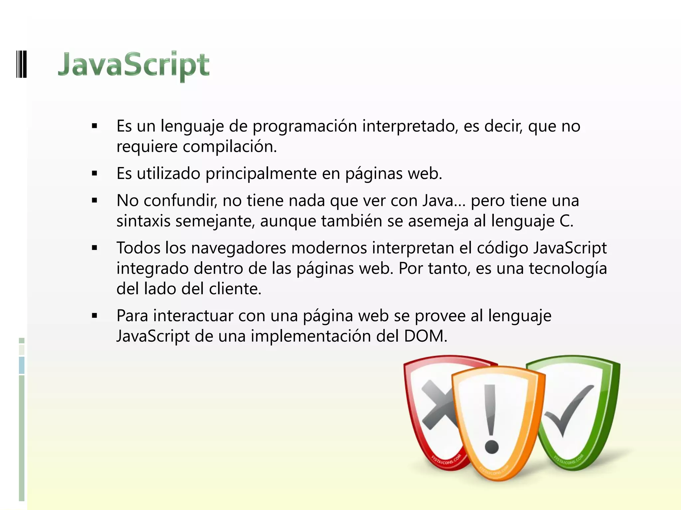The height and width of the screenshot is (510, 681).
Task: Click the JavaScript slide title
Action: (134, 64)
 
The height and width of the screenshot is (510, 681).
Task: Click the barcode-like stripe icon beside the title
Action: (21, 64)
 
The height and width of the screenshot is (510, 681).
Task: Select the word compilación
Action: (229, 147)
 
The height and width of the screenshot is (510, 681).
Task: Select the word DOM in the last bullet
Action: (424, 336)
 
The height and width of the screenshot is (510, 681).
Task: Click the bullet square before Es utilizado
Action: (95, 173)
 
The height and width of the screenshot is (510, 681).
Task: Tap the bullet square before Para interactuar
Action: (95, 316)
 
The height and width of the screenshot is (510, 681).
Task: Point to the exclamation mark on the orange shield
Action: (490, 418)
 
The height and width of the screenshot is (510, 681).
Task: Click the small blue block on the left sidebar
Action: (22, 365)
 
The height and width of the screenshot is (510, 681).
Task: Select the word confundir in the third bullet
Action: (180, 201)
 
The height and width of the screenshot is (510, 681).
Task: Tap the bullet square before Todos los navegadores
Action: (95, 248)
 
